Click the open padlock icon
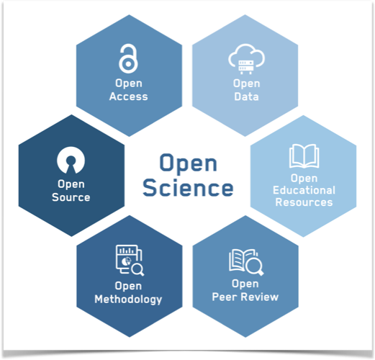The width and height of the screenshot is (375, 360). click(129, 63)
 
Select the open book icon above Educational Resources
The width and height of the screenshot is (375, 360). click(304, 156)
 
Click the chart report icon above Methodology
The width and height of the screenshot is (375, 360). click(130, 260)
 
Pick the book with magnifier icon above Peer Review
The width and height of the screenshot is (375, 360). click(246, 262)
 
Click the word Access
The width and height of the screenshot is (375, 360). click(129, 96)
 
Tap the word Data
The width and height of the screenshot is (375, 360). click(246, 96)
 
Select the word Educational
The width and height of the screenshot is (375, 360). click(304, 190)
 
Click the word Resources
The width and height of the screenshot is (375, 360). click(304, 202)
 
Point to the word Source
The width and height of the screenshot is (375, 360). click(71, 197)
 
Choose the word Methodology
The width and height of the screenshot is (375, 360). click(128, 300)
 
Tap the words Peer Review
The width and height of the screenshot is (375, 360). click(245, 297)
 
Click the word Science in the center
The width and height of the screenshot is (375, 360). click(188, 188)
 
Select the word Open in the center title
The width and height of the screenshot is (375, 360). click(189, 163)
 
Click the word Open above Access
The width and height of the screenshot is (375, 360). click(129, 84)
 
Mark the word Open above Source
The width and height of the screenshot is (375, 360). click(71, 184)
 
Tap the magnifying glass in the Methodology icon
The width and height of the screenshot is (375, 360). click(137, 269)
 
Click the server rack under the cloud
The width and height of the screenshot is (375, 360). click(246, 67)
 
